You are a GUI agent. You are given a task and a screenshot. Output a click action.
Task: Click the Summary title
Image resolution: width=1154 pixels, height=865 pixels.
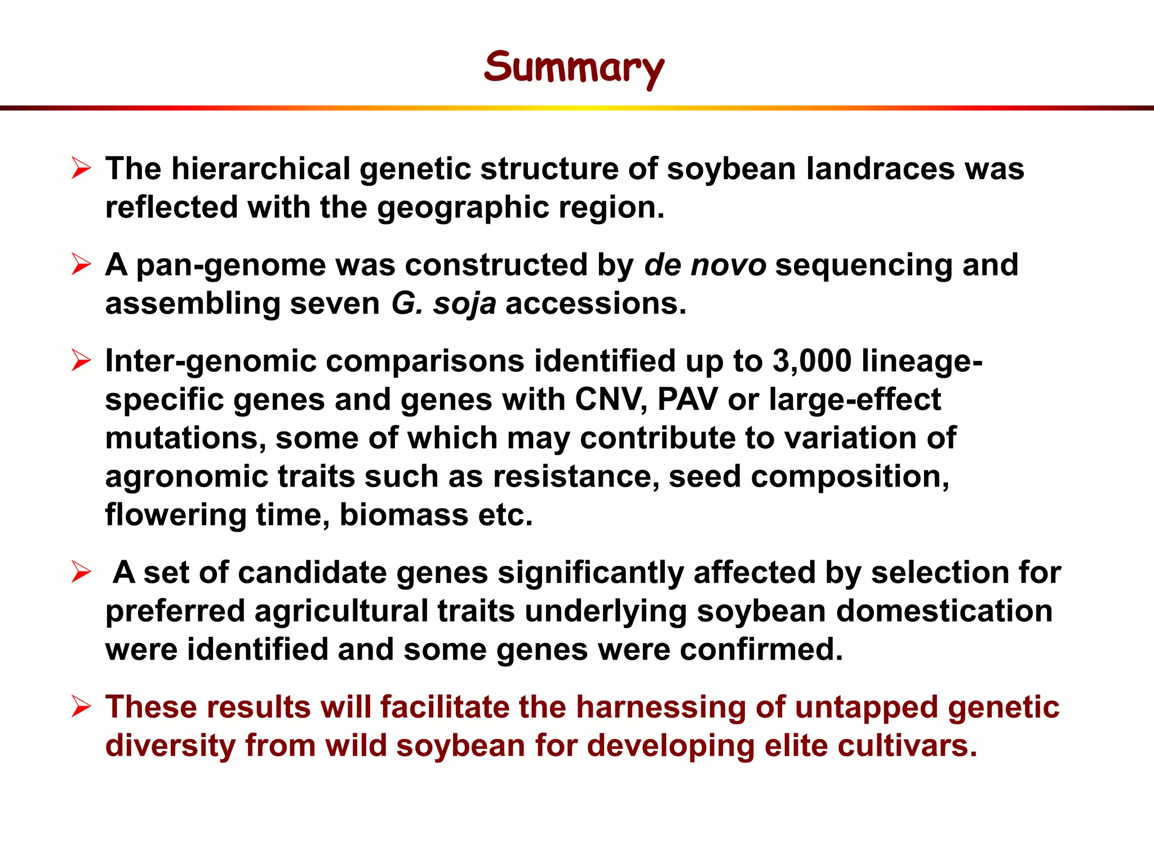tap(574, 67)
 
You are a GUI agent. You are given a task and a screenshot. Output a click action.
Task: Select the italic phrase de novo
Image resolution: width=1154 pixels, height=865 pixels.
tap(704, 265)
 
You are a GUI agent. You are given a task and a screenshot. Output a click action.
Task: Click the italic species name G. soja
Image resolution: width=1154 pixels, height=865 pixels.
tap(443, 304)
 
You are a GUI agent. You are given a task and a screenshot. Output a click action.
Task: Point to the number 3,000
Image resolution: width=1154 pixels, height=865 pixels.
tap(811, 361)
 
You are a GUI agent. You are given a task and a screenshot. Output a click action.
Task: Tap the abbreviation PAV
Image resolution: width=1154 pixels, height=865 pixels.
tap(687, 400)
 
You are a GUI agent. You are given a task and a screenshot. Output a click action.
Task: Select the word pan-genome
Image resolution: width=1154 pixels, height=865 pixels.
tap(230, 266)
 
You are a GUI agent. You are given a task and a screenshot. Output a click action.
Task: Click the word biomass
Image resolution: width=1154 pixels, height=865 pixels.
tap(403, 515)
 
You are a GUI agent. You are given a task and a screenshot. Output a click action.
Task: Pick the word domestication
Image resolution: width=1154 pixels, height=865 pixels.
tap(944, 611)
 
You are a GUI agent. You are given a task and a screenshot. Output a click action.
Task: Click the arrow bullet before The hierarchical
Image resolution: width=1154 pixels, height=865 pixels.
tap(81, 168)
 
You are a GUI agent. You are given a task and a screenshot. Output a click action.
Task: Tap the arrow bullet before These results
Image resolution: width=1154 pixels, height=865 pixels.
tap(81, 707)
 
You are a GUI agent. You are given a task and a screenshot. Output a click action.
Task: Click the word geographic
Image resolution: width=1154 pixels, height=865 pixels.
tap(462, 208)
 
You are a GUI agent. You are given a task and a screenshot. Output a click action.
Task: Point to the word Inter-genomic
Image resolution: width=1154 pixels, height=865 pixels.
tap(211, 361)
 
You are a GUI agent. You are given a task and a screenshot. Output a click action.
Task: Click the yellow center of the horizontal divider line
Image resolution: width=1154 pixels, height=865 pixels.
tap(577, 108)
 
